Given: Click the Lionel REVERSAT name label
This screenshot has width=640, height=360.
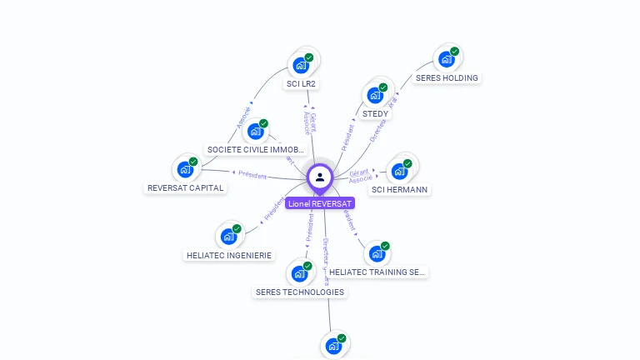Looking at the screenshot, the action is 320,203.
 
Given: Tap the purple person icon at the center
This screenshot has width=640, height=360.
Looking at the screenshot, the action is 320,177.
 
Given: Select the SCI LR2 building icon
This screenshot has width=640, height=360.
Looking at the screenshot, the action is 301,65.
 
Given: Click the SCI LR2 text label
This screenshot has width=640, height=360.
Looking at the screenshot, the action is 302,84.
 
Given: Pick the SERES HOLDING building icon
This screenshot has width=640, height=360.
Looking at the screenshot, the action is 447,59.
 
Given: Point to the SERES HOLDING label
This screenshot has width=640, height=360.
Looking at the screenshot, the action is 447,78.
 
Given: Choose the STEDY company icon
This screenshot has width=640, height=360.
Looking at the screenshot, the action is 375,95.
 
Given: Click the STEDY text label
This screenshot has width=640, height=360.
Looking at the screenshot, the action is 375,114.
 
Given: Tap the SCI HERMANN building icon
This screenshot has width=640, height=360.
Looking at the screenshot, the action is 400,171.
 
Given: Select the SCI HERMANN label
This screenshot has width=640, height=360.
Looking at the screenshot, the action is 399,190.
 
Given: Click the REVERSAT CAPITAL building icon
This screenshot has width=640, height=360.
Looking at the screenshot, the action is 185,169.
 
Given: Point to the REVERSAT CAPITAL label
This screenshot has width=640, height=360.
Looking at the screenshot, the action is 185,188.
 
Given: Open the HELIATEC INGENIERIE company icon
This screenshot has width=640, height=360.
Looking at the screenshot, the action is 228,236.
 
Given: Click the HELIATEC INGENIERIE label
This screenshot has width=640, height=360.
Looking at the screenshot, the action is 229,256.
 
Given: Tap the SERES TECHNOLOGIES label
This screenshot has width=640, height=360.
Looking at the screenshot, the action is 299,292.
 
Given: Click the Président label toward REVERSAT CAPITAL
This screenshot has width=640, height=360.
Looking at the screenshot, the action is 252,175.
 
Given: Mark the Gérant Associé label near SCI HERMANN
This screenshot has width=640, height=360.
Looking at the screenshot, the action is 360,176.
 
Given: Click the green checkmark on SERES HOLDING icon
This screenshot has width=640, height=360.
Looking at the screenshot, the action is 454,52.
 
